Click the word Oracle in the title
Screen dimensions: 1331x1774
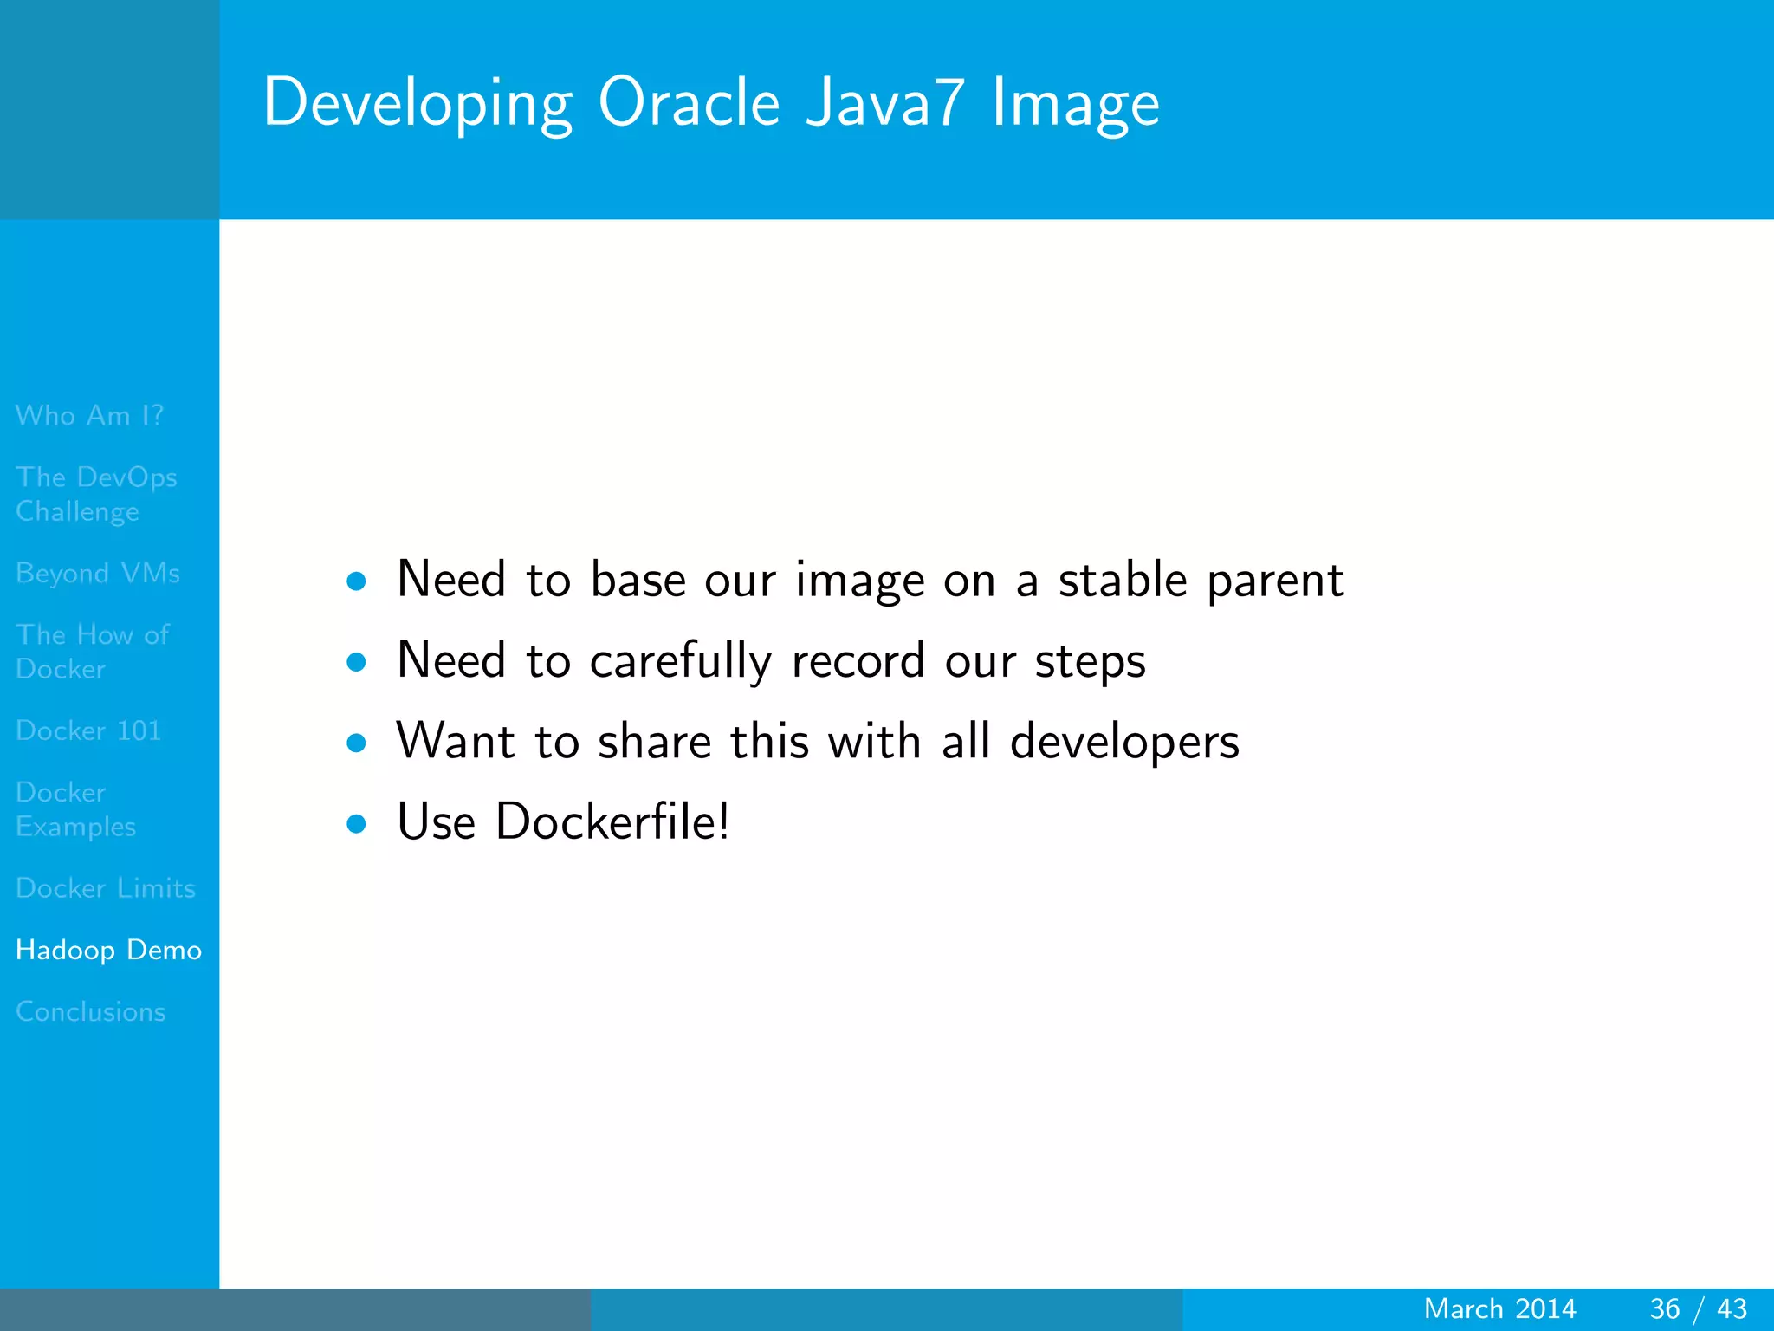click(689, 102)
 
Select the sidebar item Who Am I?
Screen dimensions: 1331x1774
click(89, 415)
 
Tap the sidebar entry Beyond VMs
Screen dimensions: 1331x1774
click(97, 573)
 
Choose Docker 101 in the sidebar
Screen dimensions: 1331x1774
click(88, 730)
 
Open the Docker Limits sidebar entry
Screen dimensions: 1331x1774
click(105, 888)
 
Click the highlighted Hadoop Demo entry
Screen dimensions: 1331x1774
click(108, 950)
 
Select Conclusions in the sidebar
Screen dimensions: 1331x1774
click(90, 1011)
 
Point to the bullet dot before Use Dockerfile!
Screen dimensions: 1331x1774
click(356, 823)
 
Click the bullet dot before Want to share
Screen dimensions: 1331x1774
click(356, 743)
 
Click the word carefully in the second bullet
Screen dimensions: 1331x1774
click(680, 661)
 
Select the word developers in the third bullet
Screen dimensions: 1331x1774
click(1124, 743)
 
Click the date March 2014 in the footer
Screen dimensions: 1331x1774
click(1499, 1308)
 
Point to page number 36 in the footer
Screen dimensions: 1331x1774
click(1664, 1308)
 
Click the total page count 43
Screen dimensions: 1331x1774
click(1732, 1308)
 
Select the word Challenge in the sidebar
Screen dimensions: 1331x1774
click(77, 512)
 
